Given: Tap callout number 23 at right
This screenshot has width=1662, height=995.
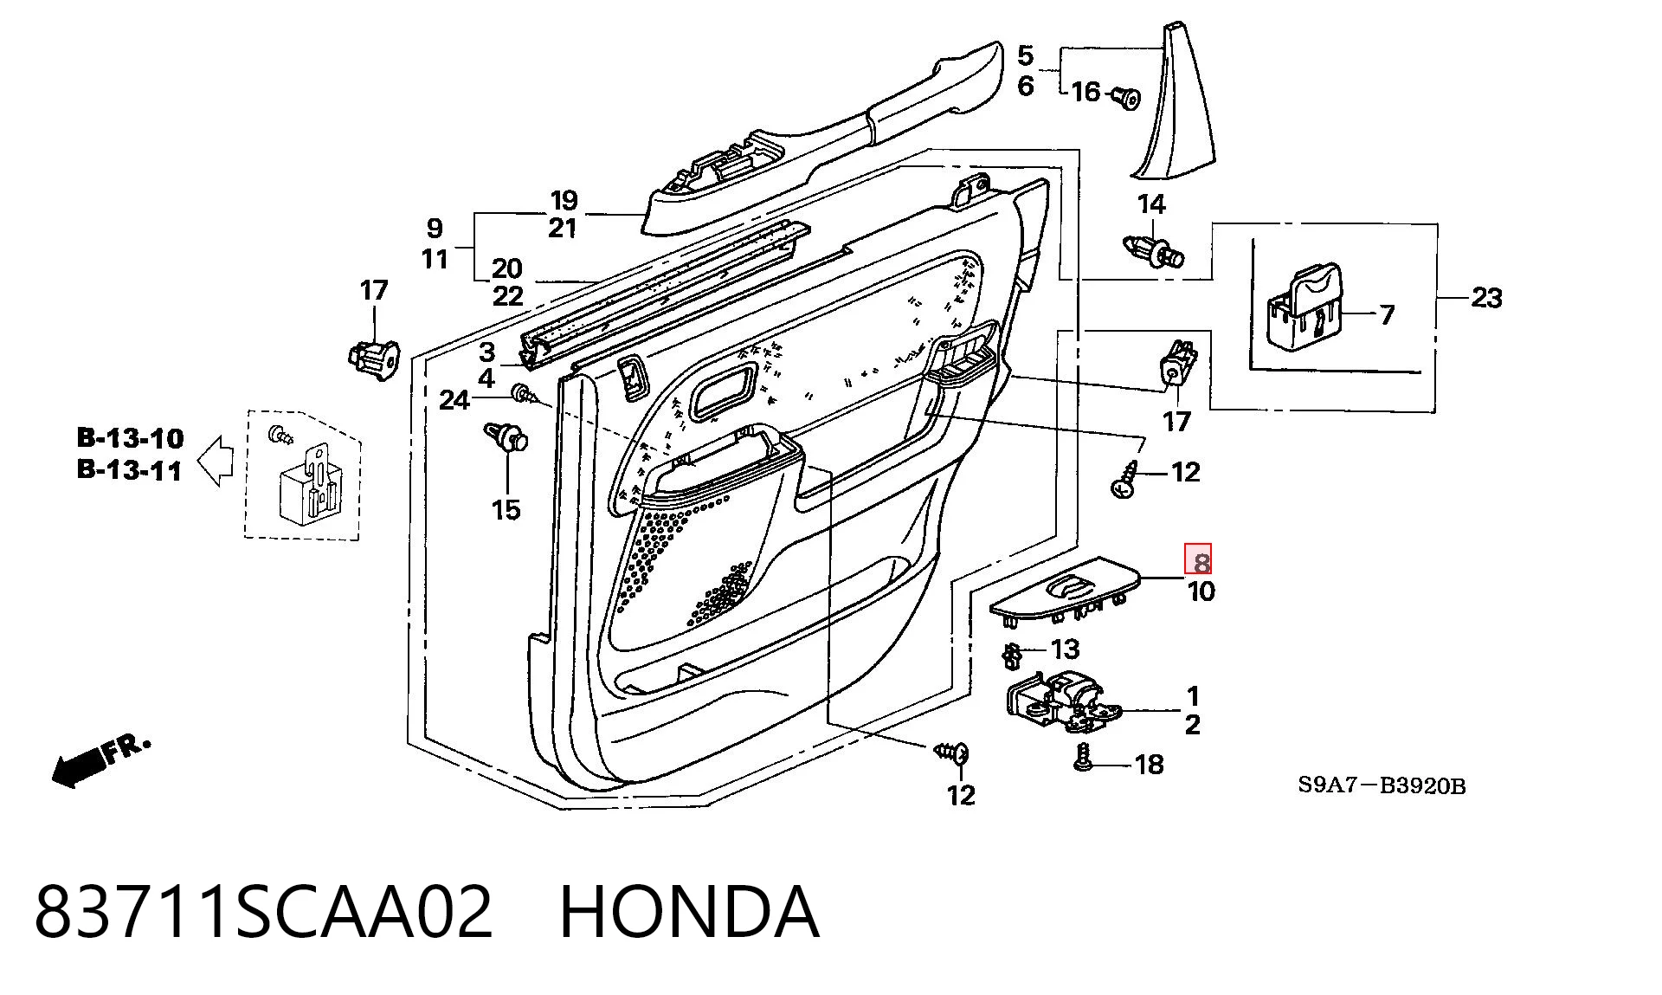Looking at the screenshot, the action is [1486, 298].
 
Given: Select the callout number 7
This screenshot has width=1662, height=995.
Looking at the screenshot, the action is [1387, 314].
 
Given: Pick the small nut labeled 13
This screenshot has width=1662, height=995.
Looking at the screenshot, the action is [1010, 656].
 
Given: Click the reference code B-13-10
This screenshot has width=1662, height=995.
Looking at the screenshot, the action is [131, 438].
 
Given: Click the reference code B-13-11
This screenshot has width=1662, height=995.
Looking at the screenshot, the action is [130, 470].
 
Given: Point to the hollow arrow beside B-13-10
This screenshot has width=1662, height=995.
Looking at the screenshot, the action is [216, 460].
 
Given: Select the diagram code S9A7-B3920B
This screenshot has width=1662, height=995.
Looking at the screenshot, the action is [1382, 786].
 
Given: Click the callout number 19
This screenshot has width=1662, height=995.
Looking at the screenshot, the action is [564, 200].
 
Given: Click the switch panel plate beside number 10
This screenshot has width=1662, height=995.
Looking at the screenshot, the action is [1065, 591].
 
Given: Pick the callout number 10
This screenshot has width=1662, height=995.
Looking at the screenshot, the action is [1201, 592].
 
